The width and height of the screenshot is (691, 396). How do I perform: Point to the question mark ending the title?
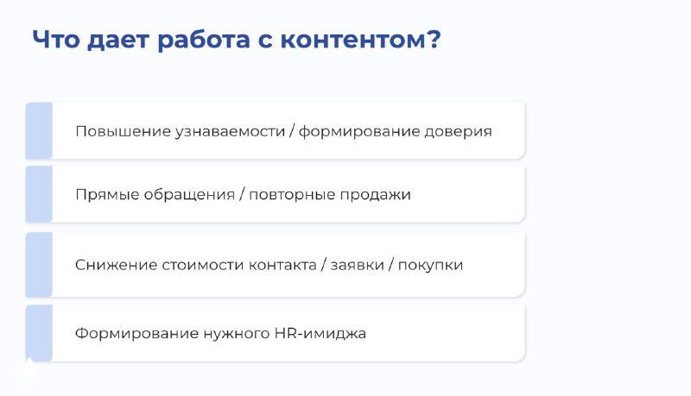[433, 41]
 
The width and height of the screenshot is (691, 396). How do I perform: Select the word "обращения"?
[186, 195]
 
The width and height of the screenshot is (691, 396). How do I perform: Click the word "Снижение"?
[114, 265]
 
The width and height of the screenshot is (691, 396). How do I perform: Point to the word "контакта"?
[282, 265]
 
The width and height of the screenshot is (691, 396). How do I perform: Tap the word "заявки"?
[357, 265]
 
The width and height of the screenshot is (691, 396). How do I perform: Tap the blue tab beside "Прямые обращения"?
[39, 194]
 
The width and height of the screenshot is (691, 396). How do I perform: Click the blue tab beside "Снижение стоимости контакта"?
[39, 264]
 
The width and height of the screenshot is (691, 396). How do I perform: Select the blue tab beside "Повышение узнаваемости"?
[39, 131]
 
